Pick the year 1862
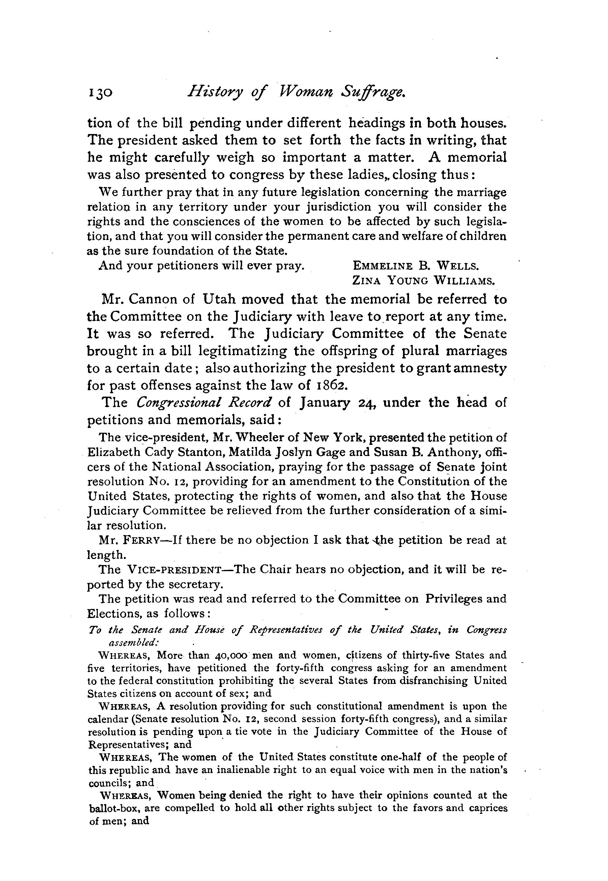pyautogui.click(x=331, y=385)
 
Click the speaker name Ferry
pyautogui.click(x=134, y=540)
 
